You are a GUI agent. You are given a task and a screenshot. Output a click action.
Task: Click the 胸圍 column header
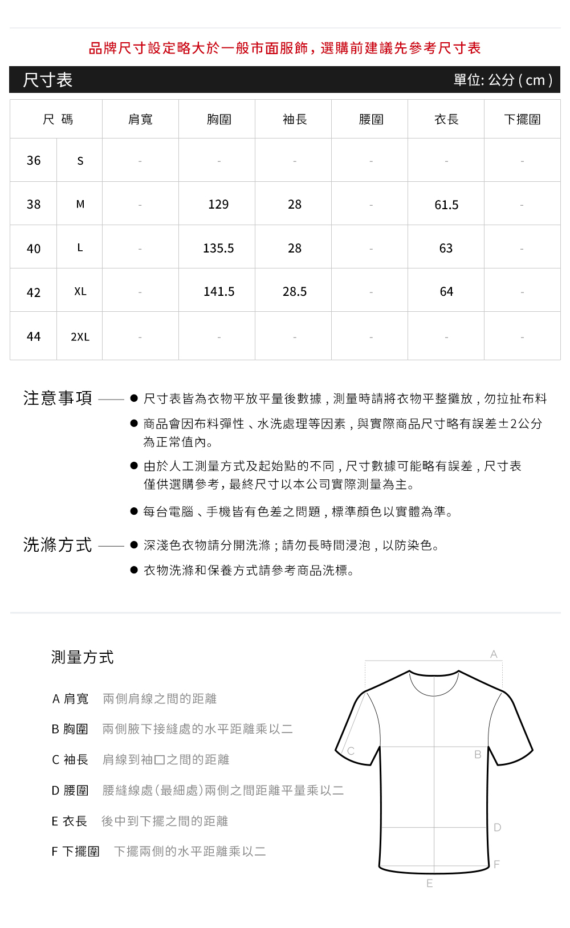pos(219,120)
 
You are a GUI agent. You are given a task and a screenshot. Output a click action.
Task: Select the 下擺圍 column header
pos(522,120)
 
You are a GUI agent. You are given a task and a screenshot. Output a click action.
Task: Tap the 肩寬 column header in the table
pos(140,120)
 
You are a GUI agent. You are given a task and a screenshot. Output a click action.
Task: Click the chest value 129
pos(218,205)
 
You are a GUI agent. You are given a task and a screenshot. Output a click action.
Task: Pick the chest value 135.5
pos(218,249)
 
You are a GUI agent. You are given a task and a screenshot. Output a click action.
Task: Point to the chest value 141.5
pos(219,292)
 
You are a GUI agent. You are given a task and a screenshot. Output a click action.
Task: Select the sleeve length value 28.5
pos(295,292)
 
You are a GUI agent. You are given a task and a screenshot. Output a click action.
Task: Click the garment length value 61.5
pos(446,205)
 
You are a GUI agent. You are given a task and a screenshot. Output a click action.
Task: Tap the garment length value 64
pos(446,292)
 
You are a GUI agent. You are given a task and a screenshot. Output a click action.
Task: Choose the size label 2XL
pos(80,337)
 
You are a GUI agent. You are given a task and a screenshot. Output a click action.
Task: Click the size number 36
pos(34,161)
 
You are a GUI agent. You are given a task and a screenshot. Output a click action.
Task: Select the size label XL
pos(80,292)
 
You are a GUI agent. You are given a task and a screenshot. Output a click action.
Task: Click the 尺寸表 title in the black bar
pos(48,80)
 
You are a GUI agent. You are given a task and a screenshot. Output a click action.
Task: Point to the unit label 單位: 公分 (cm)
pos(503,80)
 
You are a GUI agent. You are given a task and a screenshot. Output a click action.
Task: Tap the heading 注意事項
pos(58,398)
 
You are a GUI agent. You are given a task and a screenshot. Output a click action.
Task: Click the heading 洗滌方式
pos(58,545)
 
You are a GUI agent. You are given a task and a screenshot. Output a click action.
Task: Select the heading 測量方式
pos(83,657)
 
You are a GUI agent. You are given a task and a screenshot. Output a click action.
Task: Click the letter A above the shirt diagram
pos(494,654)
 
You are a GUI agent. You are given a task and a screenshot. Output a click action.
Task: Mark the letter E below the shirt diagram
pos(429,884)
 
